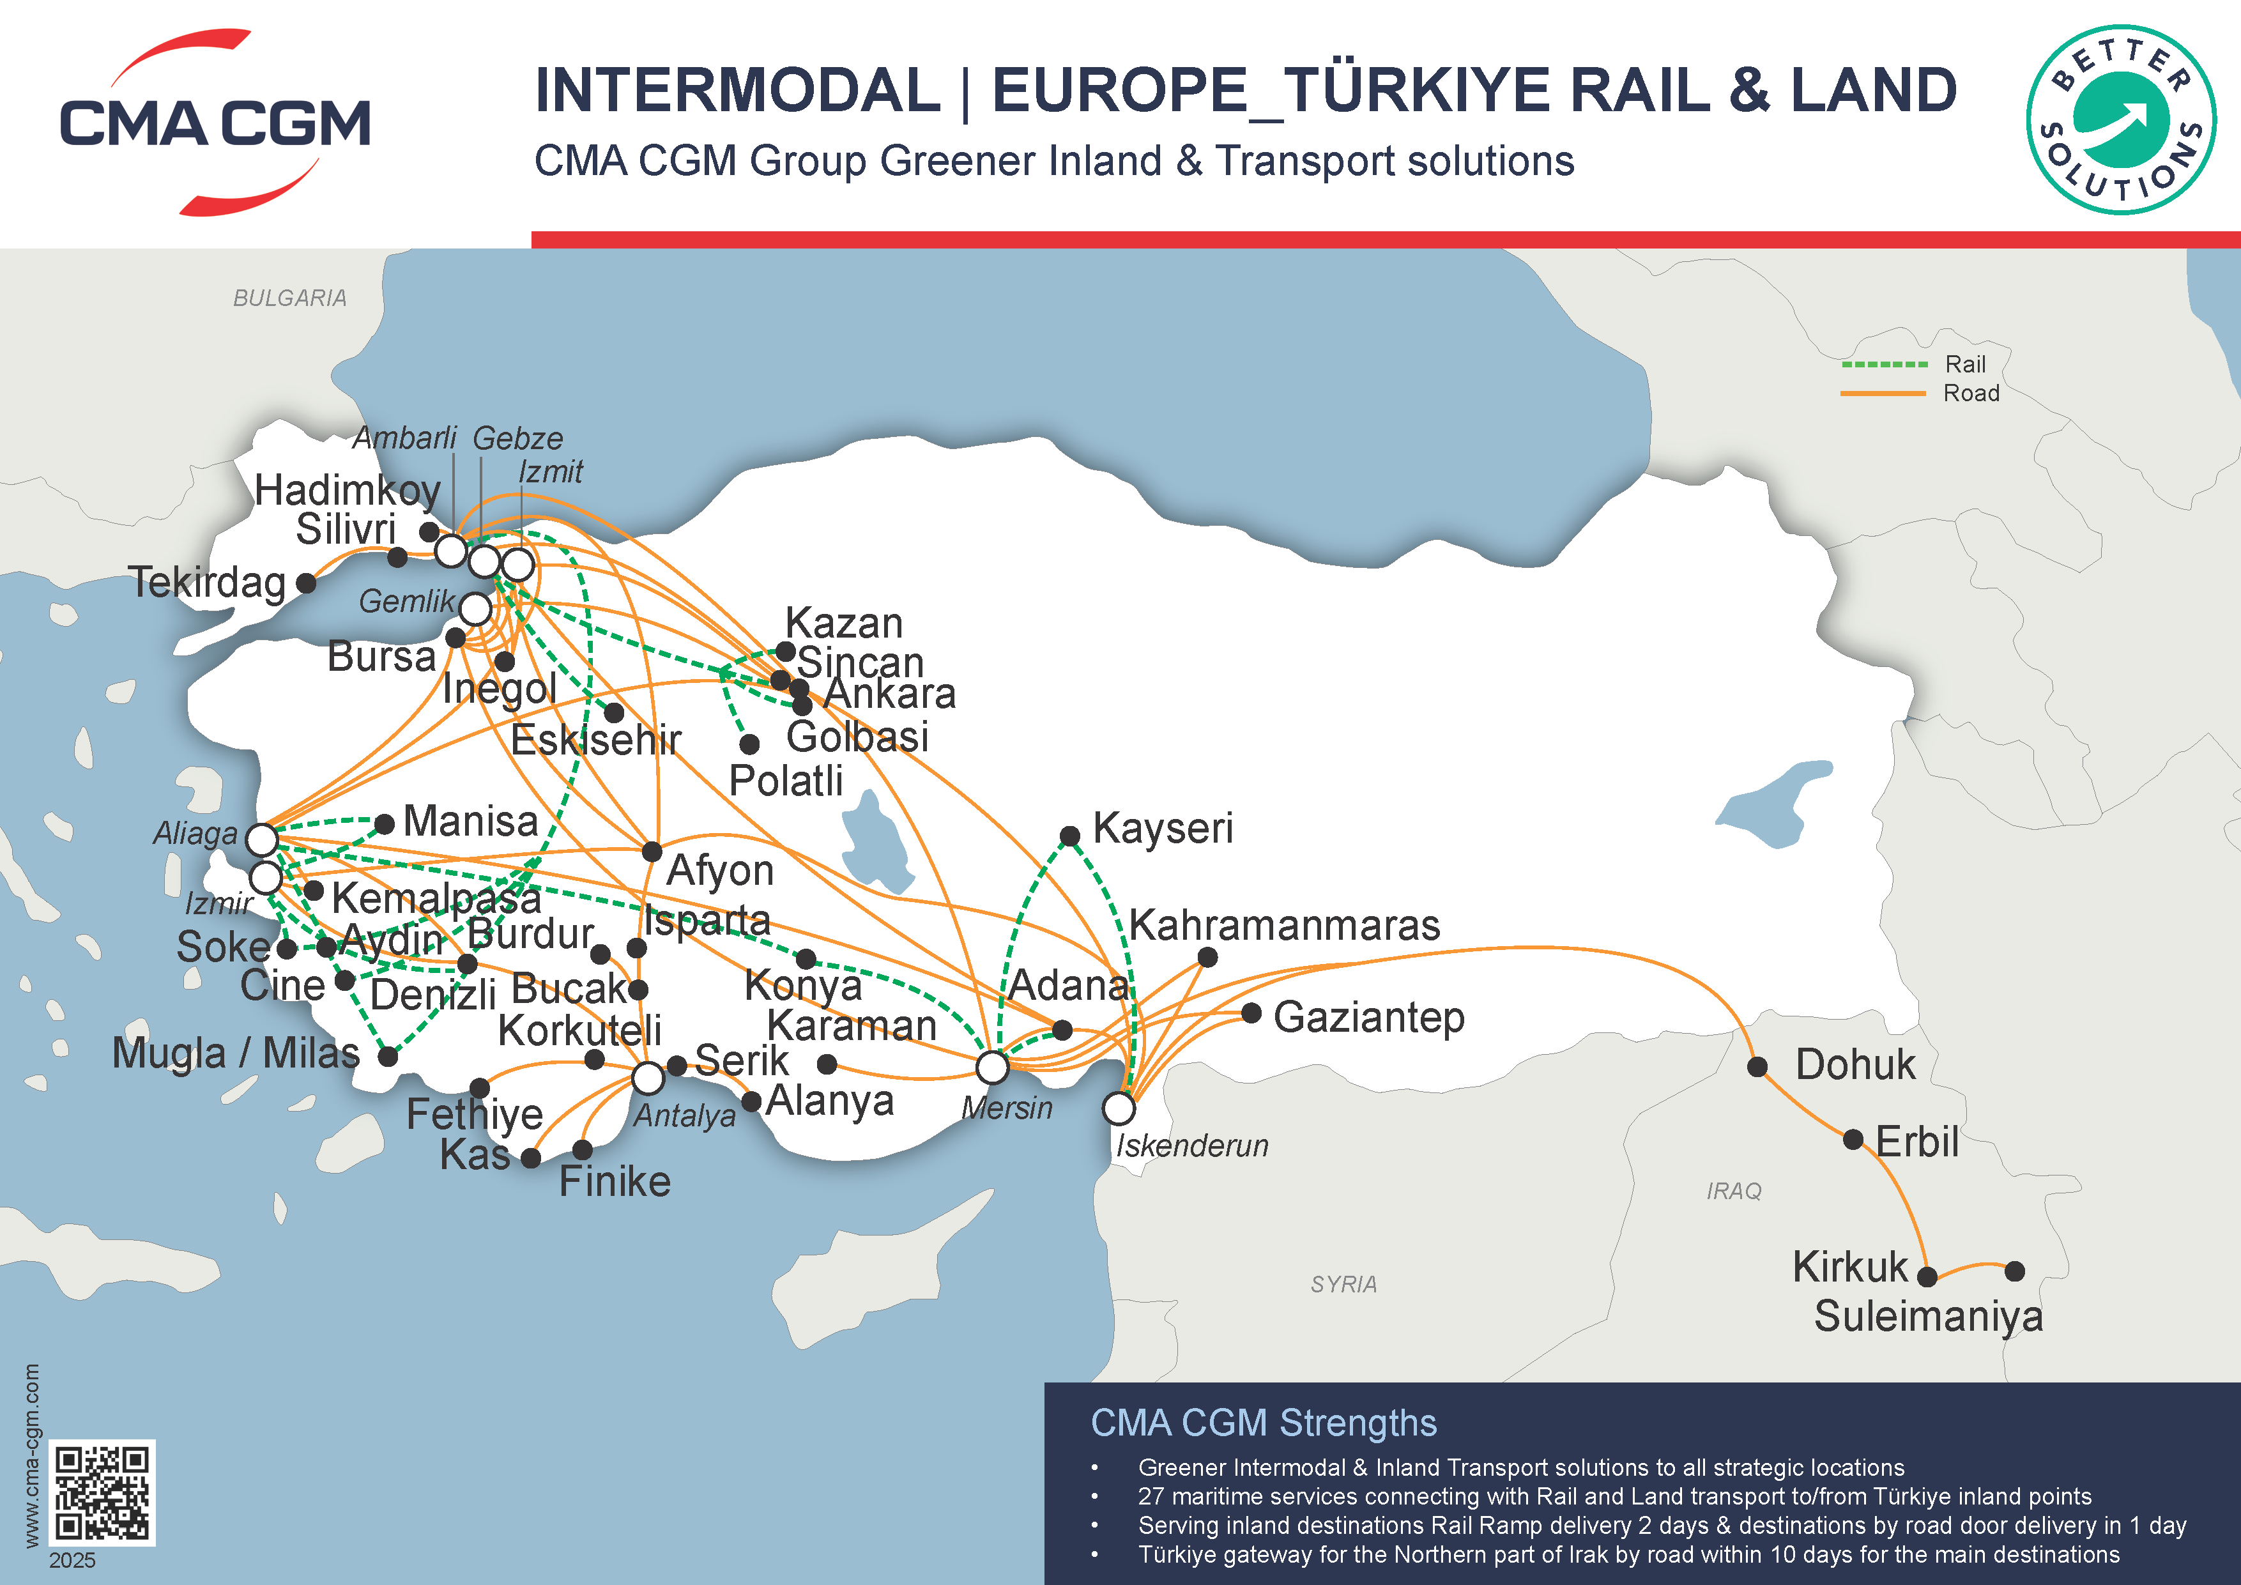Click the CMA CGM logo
click(215, 123)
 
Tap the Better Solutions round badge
click(2120, 120)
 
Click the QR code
click(102, 1492)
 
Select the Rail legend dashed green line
click(1884, 364)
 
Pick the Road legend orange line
click(1884, 394)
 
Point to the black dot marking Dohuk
click(1757, 1067)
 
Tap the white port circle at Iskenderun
click(1119, 1108)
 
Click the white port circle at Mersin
click(993, 1068)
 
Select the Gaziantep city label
click(1368, 1017)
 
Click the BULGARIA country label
click(290, 298)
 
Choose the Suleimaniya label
click(1928, 1317)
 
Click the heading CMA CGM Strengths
click(1263, 1423)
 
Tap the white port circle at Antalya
click(648, 1078)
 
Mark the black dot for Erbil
click(1853, 1140)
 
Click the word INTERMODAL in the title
click(738, 90)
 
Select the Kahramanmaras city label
click(1285, 925)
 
